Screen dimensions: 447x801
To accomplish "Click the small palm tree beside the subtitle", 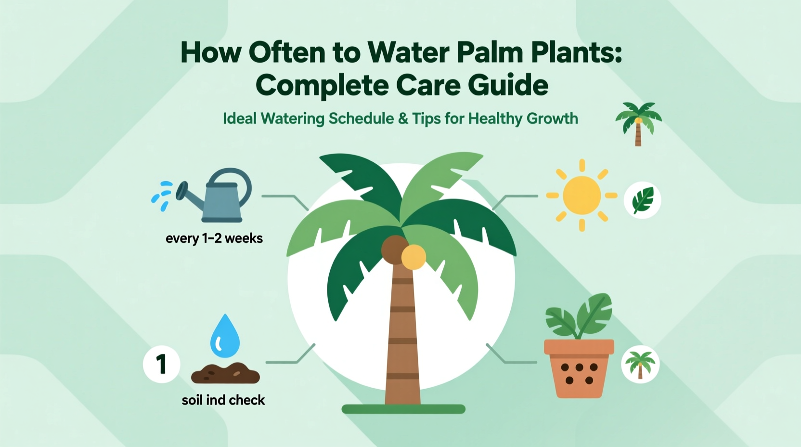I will tap(638, 123).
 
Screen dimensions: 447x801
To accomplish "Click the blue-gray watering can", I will tap(219, 200).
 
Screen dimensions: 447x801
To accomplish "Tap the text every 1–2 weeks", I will tap(214, 238).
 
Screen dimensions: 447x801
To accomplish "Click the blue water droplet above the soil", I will tap(225, 336).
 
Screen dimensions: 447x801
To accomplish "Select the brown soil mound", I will tap(225, 373).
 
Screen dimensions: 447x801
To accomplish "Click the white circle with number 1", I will tap(162, 364).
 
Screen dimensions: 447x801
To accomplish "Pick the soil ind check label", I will tap(223, 400).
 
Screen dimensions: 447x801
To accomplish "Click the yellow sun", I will tap(581, 195).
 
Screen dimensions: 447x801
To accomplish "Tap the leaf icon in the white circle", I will tap(643, 200).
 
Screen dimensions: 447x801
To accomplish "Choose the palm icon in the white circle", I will tap(640, 364).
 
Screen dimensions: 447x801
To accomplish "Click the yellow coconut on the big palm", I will tap(413, 257).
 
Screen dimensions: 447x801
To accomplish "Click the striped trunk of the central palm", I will tap(403, 337).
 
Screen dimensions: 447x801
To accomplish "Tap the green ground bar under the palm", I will tap(403, 409).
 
